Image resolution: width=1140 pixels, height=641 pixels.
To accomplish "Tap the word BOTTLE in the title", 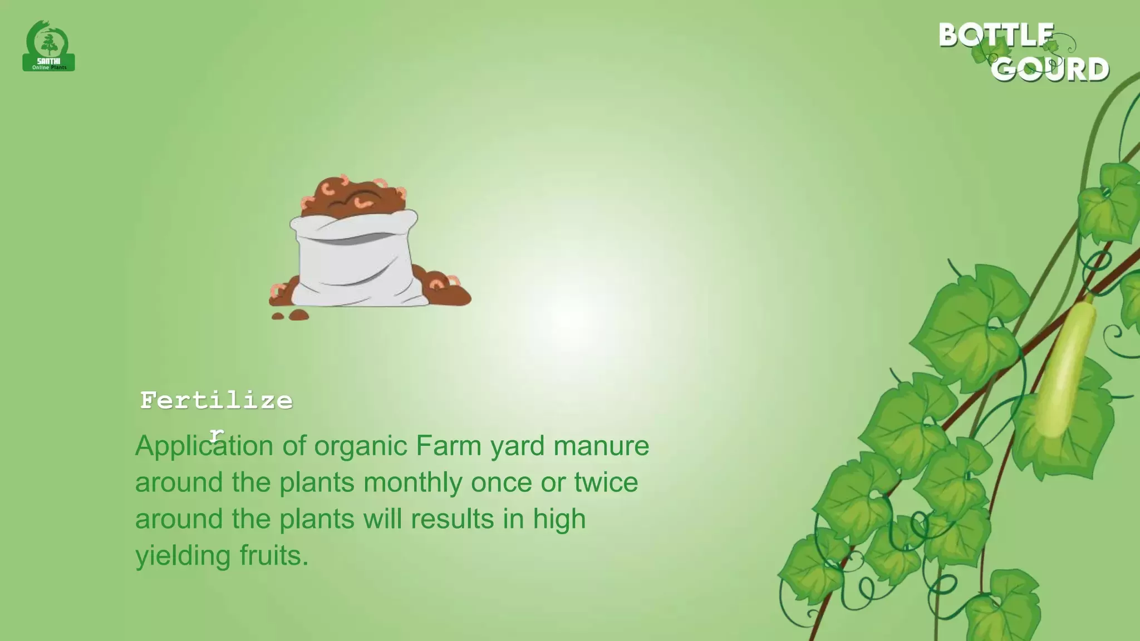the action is tap(996, 35).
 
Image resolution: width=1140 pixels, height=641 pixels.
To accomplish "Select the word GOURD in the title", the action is tap(1050, 70).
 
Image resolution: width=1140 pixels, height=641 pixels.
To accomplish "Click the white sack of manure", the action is tap(355, 257).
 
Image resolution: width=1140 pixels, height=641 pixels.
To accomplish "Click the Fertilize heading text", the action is tap(216, 401).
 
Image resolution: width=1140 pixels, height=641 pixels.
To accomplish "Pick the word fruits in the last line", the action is tap(274, 555).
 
